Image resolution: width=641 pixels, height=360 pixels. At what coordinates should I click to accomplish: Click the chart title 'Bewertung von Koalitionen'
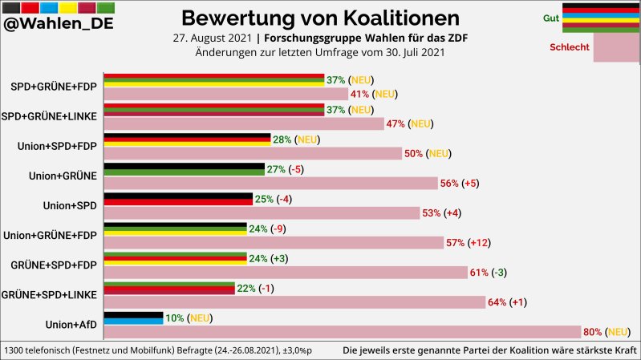320,18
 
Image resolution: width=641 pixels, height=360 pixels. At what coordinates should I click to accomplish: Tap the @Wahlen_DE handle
58,24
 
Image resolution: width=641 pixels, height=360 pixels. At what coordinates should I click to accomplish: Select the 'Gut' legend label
551,18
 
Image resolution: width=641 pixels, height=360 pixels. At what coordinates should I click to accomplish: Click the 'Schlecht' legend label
569,47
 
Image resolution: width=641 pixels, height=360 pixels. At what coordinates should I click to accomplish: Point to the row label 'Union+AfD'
71,324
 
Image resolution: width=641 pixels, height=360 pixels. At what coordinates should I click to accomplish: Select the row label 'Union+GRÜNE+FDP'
51,235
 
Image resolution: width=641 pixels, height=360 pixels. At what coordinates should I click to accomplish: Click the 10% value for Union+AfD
174,318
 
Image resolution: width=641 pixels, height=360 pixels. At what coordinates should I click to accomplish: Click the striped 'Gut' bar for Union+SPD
179,199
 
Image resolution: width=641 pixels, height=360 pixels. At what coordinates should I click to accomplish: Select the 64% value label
498,302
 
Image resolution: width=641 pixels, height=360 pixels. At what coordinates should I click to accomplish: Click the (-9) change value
278,229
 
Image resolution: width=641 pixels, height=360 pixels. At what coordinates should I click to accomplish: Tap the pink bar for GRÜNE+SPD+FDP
286,273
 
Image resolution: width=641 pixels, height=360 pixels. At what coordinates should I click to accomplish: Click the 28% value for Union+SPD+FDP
282,140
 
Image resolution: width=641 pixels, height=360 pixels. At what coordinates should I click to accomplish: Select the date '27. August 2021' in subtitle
210,38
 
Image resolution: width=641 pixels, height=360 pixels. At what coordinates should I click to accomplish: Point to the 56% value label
449,184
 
